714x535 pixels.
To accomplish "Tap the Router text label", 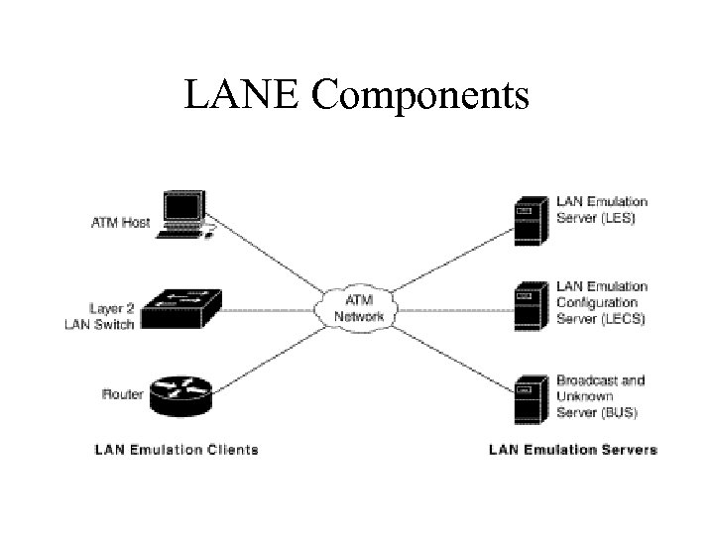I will click(x=123, y=394).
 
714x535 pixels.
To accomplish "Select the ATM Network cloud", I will click(x=357, y=307).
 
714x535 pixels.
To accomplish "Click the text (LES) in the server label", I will click(x=617, y=216).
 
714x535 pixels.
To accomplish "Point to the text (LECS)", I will click(x=623, y=318).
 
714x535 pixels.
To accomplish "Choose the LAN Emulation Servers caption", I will click(x=572, y=450).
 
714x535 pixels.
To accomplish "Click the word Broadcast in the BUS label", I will click(x=586, y=380).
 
